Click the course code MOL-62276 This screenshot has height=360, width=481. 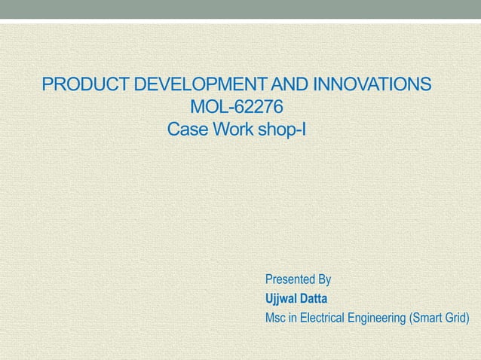pyautogui.click(x=237, y=106)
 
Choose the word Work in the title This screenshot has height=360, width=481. pyautogui.click(x=235, y=130)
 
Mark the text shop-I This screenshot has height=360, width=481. pyautogui.click(x=282, y=130)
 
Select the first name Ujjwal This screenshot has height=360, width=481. pyautogui.click(x=281, y=299)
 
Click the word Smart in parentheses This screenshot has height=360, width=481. pyautogui.click(x=426, y=318)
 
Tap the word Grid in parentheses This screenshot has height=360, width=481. pyautogui.click(x=457, y=318)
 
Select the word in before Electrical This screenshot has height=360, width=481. pyautogui.click(x=293, y=318)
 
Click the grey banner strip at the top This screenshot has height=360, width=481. pyautogui.click(x=240, y=9)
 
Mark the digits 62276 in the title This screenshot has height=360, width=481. pyautogui.click(x=256, y=106)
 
